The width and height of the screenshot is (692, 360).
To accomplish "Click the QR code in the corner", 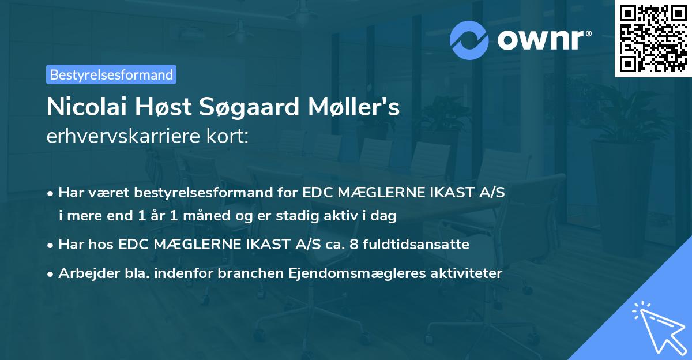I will point(653,39).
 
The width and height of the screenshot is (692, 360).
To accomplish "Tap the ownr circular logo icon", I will point(470,40).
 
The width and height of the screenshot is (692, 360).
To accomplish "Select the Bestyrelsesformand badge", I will point(111,74).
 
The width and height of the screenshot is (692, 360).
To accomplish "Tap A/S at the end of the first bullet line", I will point(491,192).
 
